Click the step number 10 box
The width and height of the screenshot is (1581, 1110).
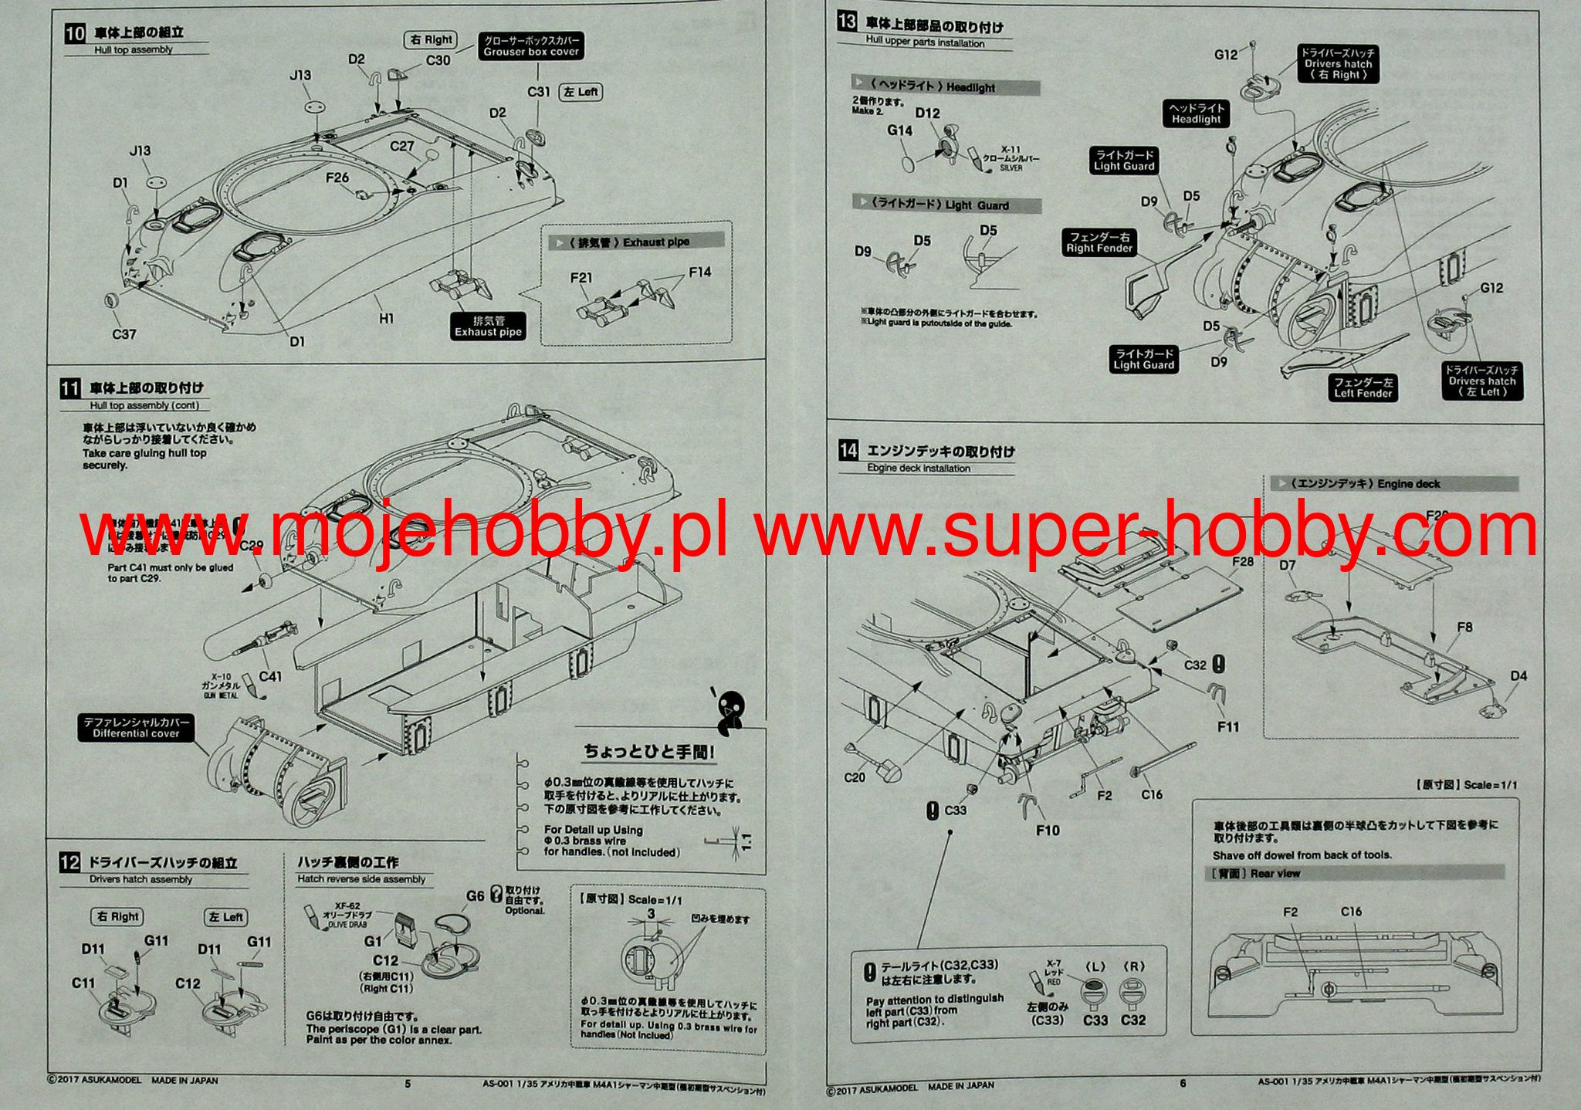point(74,33)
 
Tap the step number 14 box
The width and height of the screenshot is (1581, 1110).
point(848,451)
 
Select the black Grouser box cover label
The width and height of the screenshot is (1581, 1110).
point(531,46)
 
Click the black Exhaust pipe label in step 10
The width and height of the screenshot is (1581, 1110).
point(488,327)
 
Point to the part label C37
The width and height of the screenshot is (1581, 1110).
point(124,334)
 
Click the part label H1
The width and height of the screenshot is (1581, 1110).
point(386,318)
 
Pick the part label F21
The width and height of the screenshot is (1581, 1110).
point(581,278)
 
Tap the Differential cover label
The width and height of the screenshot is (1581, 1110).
point(136,728)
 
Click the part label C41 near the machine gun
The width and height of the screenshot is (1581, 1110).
point(270,677)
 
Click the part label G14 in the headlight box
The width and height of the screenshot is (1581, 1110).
point(899,130)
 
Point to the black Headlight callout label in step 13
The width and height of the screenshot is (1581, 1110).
point(1196,114)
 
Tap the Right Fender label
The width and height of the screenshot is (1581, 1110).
point(1099,242)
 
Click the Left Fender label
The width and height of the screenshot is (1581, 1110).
point(1363,387)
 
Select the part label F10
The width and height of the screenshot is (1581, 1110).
point(1048,831)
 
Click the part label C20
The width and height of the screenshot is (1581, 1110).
point(854,777)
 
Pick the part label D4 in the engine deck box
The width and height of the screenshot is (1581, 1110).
point(1518,676)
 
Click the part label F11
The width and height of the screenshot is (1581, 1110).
point(1227,726)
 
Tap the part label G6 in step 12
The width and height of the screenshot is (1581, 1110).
point(476,895)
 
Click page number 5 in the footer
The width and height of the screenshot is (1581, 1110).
point(408,1084)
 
